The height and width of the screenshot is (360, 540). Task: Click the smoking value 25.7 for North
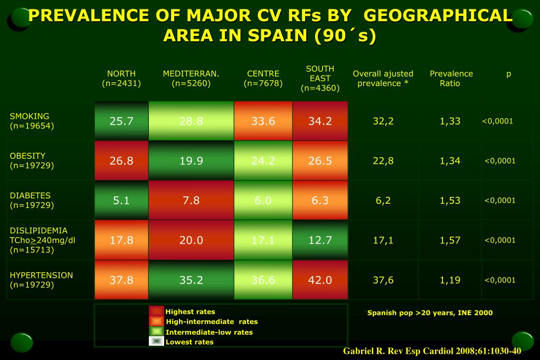121,121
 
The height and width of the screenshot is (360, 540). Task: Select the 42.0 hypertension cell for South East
320,280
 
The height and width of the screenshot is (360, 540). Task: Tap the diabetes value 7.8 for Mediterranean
191,200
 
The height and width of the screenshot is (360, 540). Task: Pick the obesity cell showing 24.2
263,160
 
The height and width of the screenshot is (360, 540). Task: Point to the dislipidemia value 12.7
320,240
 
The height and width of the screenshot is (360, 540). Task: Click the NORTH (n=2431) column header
121,78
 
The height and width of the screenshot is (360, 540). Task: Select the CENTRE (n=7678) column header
263,78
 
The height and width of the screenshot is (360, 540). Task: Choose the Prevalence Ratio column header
451,78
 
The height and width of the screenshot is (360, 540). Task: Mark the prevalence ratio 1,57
450,240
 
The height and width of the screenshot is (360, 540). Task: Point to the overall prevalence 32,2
383,121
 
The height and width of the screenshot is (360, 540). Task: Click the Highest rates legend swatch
156,311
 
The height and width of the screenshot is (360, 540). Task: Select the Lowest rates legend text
190,342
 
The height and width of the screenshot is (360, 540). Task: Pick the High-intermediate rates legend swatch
156,321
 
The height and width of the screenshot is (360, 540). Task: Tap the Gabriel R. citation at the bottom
432,351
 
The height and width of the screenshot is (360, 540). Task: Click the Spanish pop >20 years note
430,312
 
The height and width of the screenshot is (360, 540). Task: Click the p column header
508,74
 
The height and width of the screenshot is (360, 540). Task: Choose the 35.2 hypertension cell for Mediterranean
191,280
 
